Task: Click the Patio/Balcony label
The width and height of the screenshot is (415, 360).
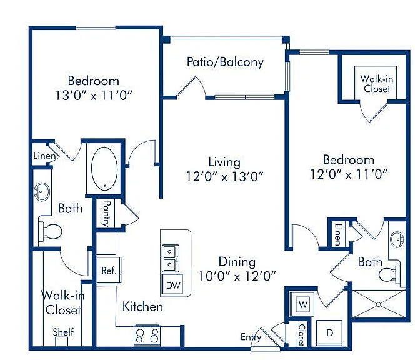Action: coord(225,62)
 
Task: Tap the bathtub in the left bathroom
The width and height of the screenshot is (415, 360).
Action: coord(104,168)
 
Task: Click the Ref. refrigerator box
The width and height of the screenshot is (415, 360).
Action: coord(109,270)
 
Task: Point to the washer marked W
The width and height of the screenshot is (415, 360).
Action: coord(302,304)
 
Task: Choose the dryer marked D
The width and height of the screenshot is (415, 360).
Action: coord(329,332)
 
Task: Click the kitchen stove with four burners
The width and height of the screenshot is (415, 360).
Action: coord(147,335)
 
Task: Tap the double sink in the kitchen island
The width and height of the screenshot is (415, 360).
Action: coord(170,258)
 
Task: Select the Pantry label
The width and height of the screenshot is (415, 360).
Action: coord(107,214)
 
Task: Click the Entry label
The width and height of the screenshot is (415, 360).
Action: coord(251,337)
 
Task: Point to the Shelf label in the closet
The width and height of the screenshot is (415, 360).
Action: coord(63,332)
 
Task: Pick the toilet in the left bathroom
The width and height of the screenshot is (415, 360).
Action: coord(50,232)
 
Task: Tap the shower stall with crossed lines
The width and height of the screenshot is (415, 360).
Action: coord(379,304)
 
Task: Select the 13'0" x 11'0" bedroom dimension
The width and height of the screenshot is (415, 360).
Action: coord(93,95)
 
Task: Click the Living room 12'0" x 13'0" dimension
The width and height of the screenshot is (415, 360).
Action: coord(225,176)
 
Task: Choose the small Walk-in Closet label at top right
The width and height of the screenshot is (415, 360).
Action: coord(377,83)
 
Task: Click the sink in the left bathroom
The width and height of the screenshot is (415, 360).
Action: coord(41,191)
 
